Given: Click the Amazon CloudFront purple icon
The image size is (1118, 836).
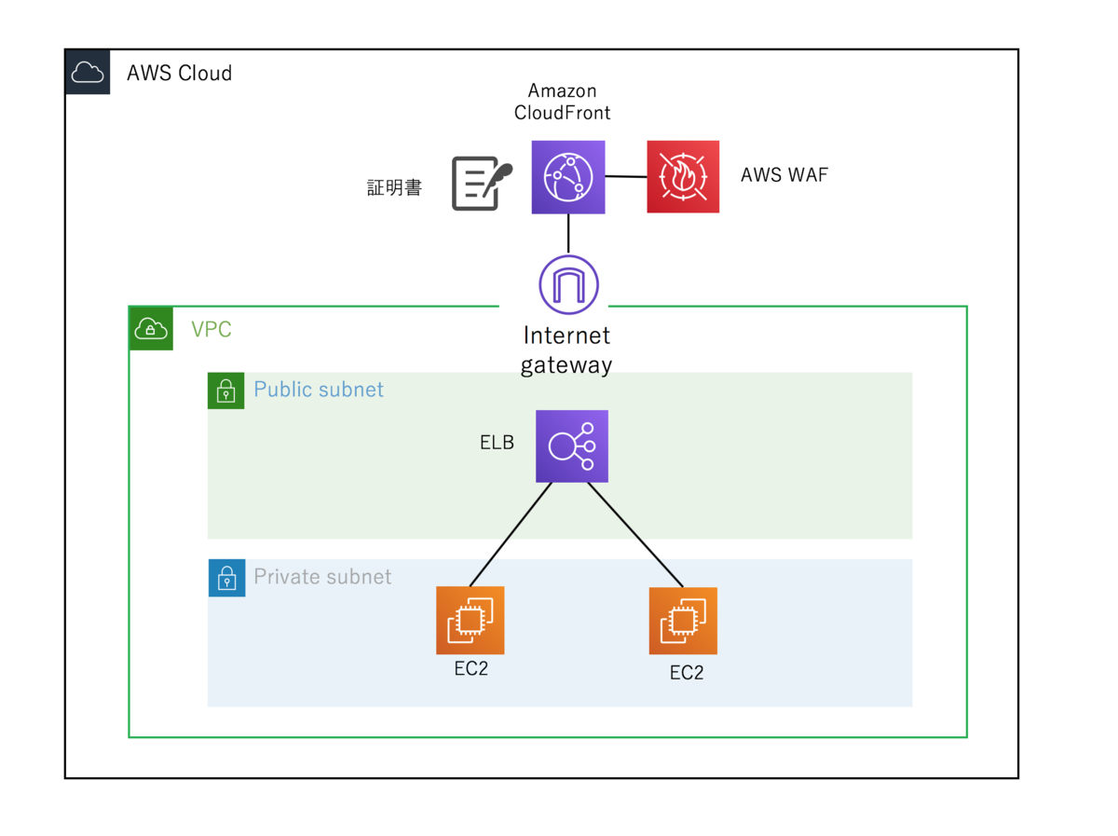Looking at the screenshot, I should (568, 177).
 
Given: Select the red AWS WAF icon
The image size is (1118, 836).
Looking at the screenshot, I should (683, 177).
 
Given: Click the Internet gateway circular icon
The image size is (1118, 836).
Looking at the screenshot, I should (568, 284).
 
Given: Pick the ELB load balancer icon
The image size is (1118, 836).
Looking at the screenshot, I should (571, 446).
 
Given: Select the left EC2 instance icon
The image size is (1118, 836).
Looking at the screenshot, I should (470, 621).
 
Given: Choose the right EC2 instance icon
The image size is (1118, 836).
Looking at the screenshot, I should (683, 621).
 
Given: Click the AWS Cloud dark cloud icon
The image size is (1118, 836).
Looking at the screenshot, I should (88, 73).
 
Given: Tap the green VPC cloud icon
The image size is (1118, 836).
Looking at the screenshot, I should (151, 328).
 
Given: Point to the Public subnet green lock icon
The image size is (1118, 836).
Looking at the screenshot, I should (225, 391).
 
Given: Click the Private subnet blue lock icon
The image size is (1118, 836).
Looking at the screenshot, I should (226, 578).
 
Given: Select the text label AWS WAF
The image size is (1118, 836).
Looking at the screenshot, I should (784, 175).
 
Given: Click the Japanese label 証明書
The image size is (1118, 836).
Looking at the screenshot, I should (394, 188).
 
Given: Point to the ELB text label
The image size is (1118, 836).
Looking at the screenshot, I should (497, 443).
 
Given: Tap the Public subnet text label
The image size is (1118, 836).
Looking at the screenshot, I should (319, 390).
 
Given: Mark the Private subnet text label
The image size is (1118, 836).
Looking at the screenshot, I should (322, 577).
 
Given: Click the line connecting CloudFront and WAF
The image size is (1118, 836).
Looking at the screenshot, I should (626, 176).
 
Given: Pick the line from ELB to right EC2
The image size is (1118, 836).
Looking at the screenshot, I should (635, 535).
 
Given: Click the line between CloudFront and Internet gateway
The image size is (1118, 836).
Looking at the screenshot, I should (568, 233).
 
